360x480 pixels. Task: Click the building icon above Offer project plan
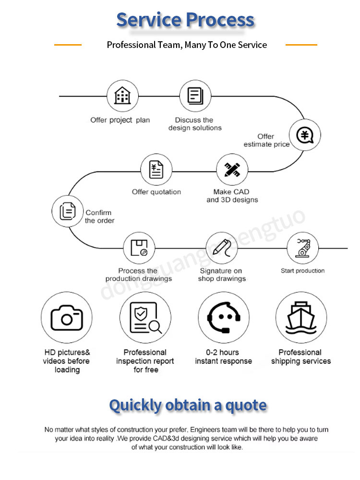click(x=122, y=95)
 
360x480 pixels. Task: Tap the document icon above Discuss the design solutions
click(x=195, y=96)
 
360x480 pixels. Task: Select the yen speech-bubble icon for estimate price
click(x=305, y=135)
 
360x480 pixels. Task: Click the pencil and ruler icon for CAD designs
click(x=232, y=169)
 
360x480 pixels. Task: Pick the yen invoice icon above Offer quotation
click(x=156, y=169)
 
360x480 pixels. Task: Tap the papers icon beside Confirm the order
click(x=68, y=211)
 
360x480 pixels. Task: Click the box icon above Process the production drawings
click(x=139, y=248)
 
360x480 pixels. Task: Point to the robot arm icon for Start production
click(x=303, y=248)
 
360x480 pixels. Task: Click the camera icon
click(x=67, y=318)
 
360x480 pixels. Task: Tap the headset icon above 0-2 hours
click(x=224, y=317)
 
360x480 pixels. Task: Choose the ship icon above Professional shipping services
click(x=301, y=317)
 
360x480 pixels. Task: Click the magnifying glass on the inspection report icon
click(x=156, y=327)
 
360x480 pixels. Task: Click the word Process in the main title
click(x=220, y=20)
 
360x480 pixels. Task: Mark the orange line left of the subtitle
click(x=68, y=45)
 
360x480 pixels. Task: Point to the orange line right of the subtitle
click(x=301, y=45)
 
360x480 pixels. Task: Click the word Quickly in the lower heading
click(x=135, y=405)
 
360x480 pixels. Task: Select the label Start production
click(x=303, y=271)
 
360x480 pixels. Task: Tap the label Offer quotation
click(x=156, y=192)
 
